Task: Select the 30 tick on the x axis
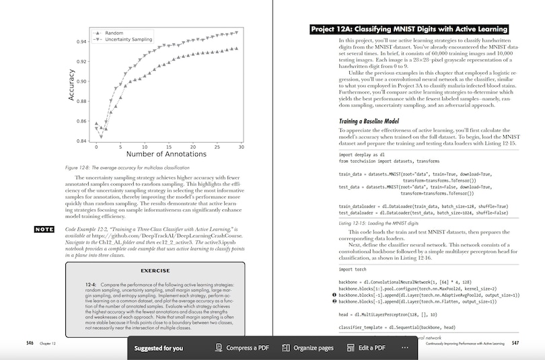[x=240, y=147]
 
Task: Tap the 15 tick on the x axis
[x=168, y=147]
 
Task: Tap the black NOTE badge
[x=44, y=229]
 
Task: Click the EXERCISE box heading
[x=155, y=271]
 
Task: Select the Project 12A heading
[x=409, y=29]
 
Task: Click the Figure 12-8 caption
[x=127, y=167]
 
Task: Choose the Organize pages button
[x=308, y=348]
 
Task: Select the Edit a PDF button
[x=367, y=348]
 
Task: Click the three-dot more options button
[x=404, y=348]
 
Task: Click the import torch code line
[x=357, y=269]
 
